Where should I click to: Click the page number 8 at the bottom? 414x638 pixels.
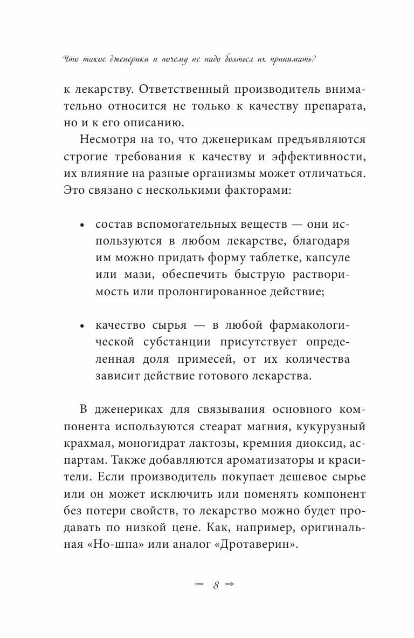[216, 585]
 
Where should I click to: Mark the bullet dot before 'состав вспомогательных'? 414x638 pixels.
[82, 226]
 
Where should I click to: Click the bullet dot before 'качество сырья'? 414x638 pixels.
[82, 327]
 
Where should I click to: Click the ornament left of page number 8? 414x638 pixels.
[198, 585]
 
